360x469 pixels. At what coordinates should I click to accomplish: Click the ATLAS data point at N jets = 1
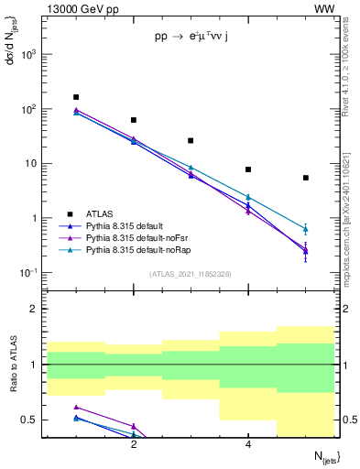(x=76, y=97)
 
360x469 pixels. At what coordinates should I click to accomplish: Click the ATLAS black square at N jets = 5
(x=306, y=178)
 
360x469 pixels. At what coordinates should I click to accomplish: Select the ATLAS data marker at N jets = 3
(x=191, y=141)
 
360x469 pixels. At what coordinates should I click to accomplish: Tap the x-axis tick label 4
(x=248, y=444)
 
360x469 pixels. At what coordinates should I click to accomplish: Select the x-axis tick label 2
(x=134, y=444)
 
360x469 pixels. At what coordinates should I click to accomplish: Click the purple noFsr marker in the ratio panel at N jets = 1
(x=76, y=407)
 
